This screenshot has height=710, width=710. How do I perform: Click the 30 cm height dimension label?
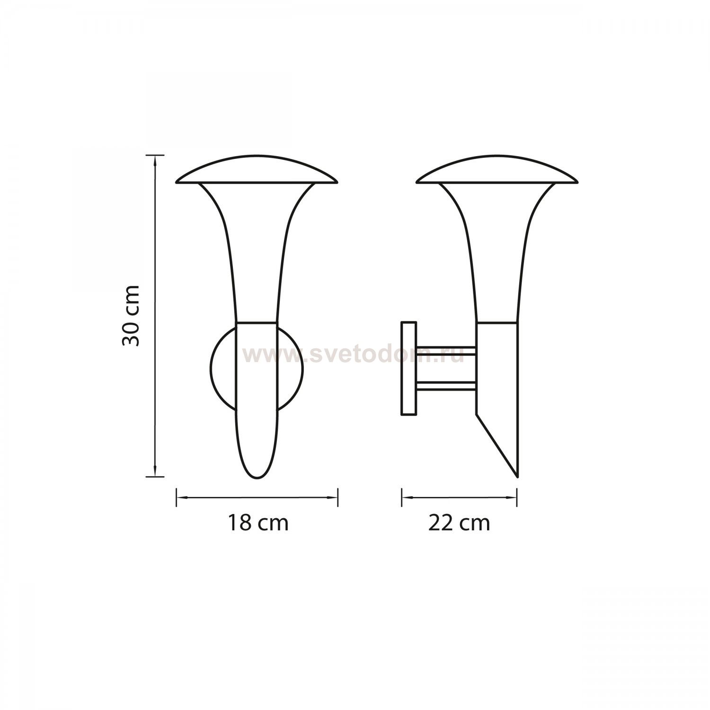pyautogui.click(x=131, y=315)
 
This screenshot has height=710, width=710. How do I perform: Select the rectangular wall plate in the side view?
pyautogui.click(x=408, y=369)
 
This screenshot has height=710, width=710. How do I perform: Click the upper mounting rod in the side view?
pyautogui.click(x=446, y=350)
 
